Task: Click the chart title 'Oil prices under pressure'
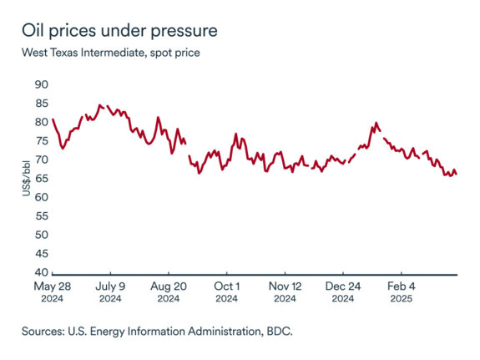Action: point(120,31)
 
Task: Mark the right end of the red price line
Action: point(457,174)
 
